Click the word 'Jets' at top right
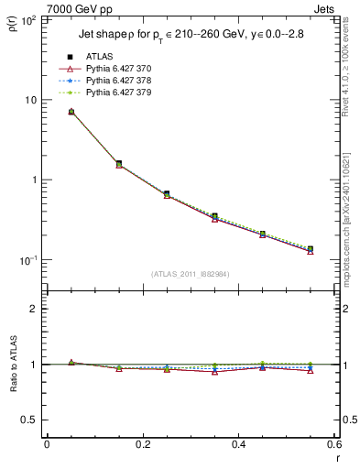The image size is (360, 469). coord(324,9)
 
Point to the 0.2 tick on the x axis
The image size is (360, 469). coord(142,444)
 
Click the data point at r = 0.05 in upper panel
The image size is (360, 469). coord(71,112)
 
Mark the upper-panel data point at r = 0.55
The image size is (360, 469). coord(311,249)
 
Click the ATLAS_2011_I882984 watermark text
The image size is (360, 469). coord(191,274)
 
